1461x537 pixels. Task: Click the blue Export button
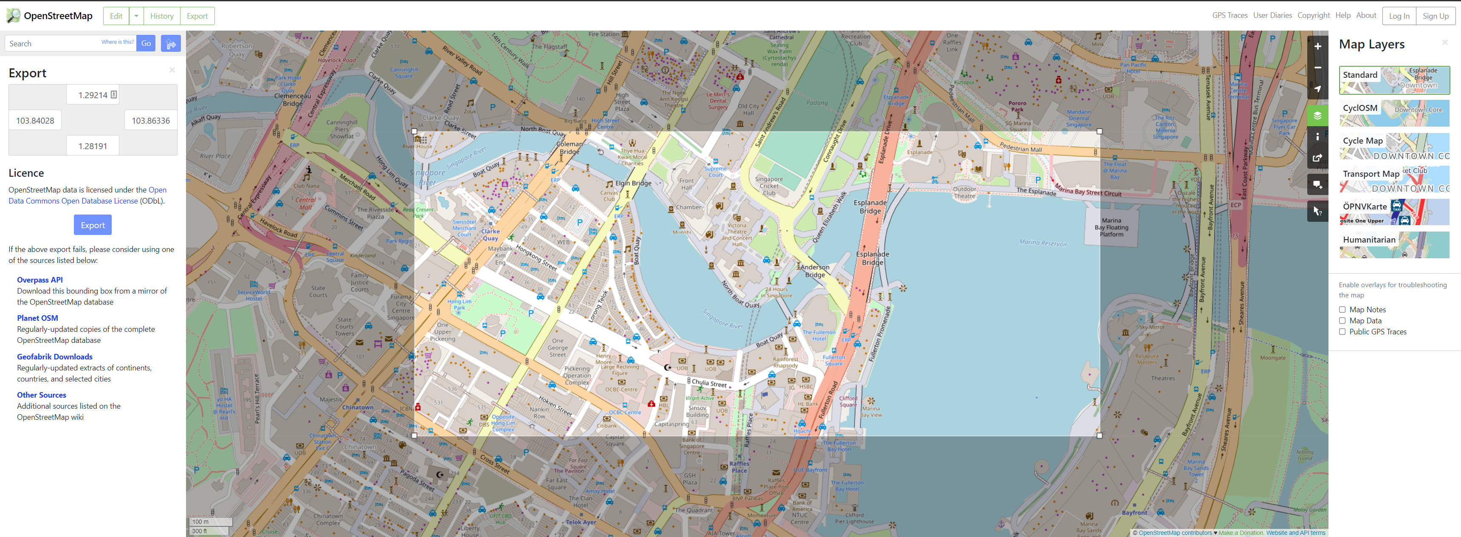pos(93,225)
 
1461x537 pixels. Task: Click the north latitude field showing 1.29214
pos(93,95)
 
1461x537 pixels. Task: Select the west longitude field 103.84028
pos(35,121)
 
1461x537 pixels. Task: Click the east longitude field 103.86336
pos(150,121)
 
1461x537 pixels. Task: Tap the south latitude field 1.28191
pos(93,146)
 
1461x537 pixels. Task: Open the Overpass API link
pos(39,280)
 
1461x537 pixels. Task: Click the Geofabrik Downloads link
pos(54,357)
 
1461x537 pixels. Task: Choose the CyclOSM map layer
pos(1393,113)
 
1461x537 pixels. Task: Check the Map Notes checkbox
pos(1342,310)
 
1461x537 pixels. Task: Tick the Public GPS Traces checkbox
pos(1342,332)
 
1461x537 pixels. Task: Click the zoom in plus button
pos(1317,46)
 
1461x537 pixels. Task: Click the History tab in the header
pos(162,16)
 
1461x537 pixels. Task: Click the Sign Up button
pos(1435,16)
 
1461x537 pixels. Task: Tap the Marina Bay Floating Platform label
pos(1111,227)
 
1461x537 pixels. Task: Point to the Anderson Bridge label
pos(815,271)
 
